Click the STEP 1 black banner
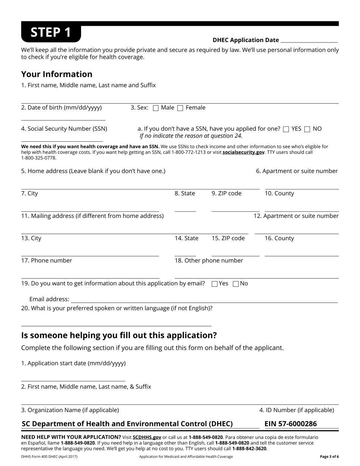(x=51, y=33)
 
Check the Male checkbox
(x=155, y=108)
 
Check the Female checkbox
(x=180, y=108)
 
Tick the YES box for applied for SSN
(x=286, y=129)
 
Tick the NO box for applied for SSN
(x=307, y=129)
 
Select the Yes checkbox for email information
(x=214, y=284)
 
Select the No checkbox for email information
(x=236, y=284)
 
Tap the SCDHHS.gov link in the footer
(x=147, y=437)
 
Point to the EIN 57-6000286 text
(x=291, y=424)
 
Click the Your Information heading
(x=57, y=74)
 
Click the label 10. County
(x=279, y=194)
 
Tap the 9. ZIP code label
(x=226, y=194)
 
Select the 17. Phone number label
(x=47, y=261)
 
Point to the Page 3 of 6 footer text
(x=329, y=457)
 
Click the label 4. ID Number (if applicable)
(x=297, y=410)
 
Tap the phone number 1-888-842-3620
(x=249, y=449)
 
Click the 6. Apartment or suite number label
(x=297, y=171)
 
